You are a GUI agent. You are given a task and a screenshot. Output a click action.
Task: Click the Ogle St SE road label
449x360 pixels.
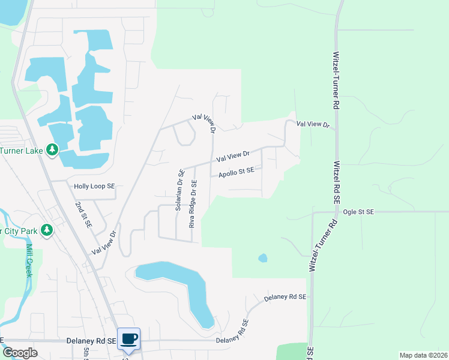(x=358, y=212)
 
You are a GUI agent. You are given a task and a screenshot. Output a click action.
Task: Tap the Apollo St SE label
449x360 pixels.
(x=237, y=172)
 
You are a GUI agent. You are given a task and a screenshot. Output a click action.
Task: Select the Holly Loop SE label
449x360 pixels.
(x=94, y=187)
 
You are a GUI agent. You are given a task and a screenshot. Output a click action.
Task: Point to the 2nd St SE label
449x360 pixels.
(x=83, y=215)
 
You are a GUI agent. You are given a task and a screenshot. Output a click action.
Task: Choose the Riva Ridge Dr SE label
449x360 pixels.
(x=193, y=204)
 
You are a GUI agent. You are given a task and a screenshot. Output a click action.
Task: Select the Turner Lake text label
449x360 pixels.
(x=22, y=151)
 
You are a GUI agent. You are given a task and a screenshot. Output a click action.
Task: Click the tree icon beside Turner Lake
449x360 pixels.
(x=52, y=149)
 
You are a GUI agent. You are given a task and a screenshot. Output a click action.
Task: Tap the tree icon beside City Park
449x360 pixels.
(x=46, y=230)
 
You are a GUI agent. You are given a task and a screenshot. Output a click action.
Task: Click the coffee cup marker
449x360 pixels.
(x=129, y=339)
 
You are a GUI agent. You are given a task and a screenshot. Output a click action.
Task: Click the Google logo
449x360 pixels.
(x=20, y=353)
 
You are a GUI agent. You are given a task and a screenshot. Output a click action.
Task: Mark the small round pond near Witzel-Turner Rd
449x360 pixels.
(x=262, y=258)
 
